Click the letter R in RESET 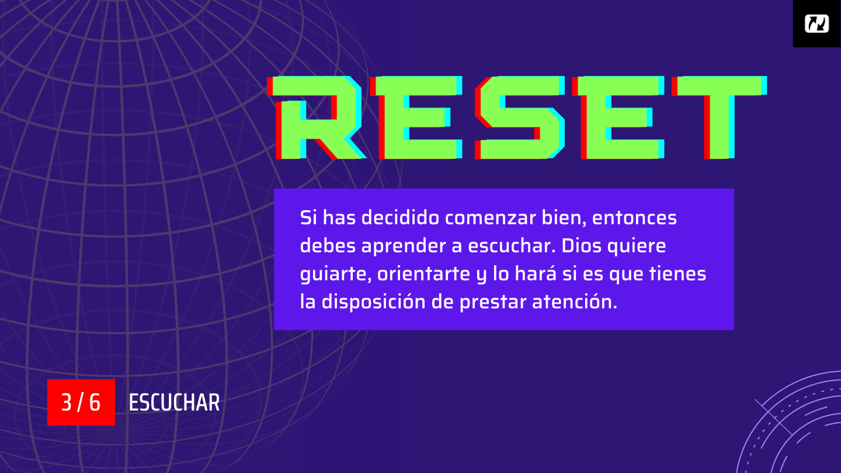pos(317,117)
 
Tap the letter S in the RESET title pos(520,117)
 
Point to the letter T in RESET pos(720,117)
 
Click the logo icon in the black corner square pos(816,23)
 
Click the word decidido pos(400,218)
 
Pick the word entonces pos(634,218)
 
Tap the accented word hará pos(536,273)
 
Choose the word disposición pos(374,302)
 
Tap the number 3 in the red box pos(67,402)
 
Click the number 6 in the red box pos(95,402)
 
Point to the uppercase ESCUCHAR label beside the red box pos(174,403)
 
